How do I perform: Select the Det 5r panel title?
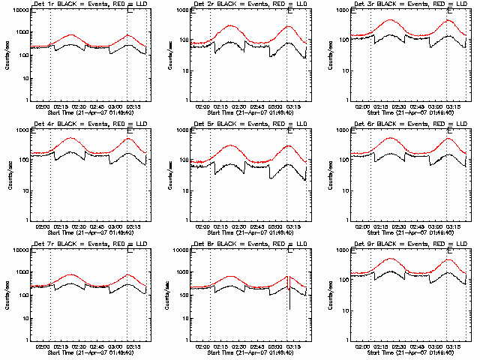point(249,124)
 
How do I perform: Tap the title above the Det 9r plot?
point(410,244)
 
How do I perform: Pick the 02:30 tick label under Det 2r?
point(239,107)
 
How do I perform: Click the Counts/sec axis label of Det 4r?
point(7,175)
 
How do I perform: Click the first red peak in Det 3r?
point(391,20)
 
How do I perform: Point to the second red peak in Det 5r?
point(289,145)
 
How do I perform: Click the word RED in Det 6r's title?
point(430,124)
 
